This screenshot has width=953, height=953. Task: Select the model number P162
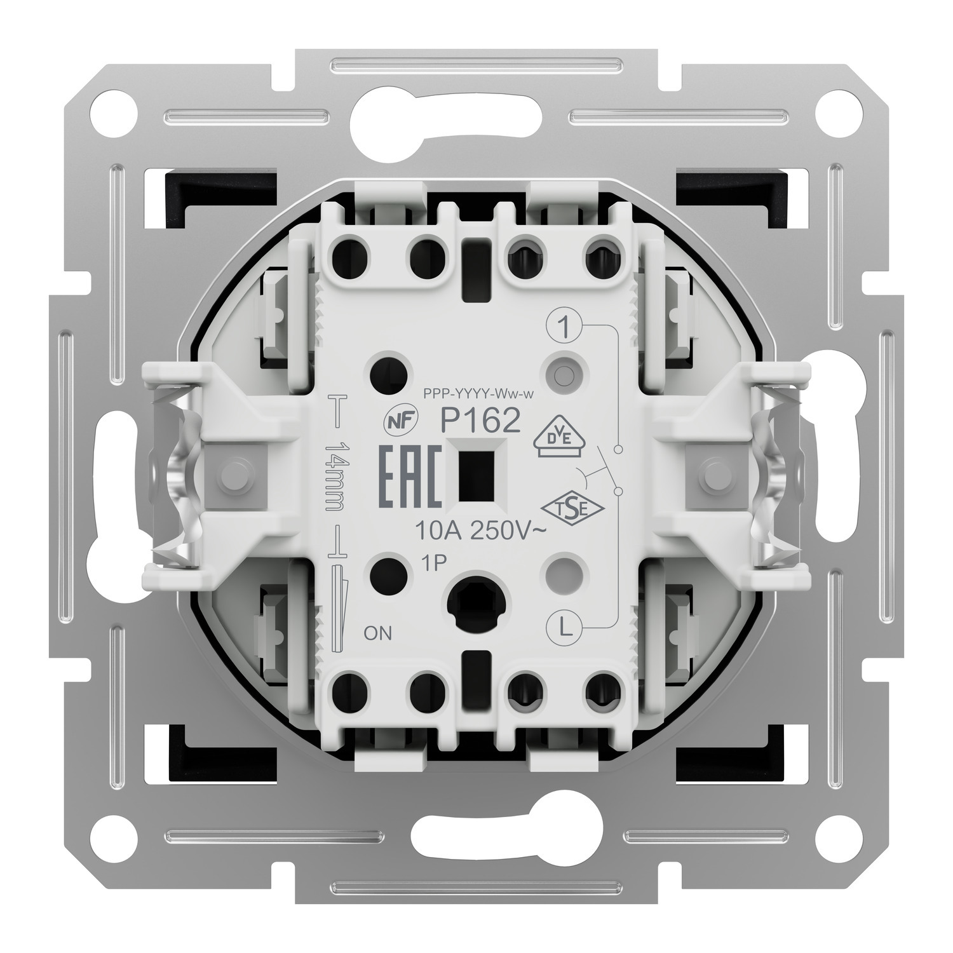coord(482,420)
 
